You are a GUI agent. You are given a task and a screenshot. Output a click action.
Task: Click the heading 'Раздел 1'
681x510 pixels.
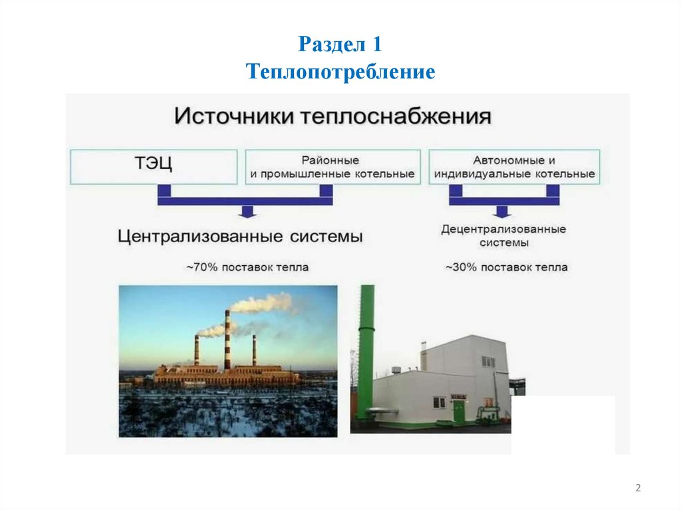coord(340,45)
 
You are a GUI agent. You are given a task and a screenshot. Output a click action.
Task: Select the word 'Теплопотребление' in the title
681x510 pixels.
coord(340,70)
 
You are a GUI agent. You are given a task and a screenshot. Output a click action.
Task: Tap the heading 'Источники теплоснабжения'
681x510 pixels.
coord(333,117)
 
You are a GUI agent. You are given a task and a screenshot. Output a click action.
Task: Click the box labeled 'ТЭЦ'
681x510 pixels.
coord(154,166)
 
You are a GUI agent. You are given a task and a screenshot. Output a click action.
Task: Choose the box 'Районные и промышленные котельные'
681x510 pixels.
coord(333,167)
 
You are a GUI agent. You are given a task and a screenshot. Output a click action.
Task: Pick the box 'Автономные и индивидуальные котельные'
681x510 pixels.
coord(514,167)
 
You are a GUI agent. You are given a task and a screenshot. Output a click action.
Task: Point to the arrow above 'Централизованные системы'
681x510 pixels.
coord(247,211)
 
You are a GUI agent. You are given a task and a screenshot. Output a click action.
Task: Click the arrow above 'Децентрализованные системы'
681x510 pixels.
coord(503,211)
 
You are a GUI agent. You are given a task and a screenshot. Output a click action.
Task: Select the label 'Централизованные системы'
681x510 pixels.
coord(240,237)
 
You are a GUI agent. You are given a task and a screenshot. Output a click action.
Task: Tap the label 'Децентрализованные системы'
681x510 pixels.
coord(503,235)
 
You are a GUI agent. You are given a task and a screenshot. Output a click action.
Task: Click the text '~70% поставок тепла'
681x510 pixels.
coord(247,267)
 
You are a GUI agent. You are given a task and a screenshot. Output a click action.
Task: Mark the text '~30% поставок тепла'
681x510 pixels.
coord(506,267)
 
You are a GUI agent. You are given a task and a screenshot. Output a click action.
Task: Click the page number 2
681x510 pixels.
coord(638,489)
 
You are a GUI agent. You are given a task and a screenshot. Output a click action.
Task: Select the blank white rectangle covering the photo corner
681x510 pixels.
coord(563,424)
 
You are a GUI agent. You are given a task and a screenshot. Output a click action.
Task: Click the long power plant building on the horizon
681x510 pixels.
coord(226,376)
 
